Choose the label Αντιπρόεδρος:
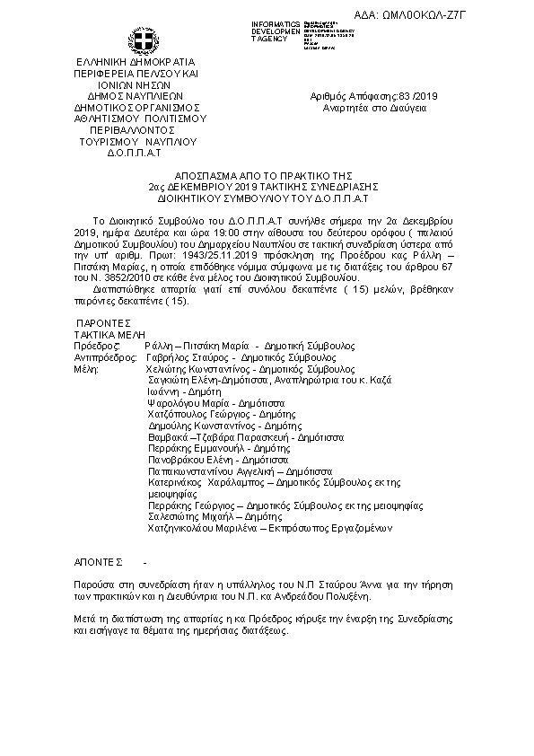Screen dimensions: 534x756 pos(107,356)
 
